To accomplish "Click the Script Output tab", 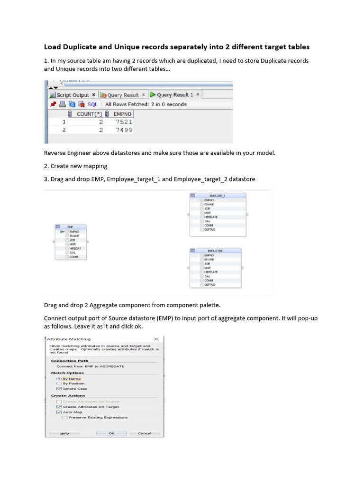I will pyautogui.click(x=73, y=95).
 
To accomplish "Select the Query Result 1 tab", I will pyautogui.click(x=174, y=95).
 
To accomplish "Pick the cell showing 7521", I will pyautogui.click(x=123, y=122).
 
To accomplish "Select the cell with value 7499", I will pyautogui.click(x=123, y=130).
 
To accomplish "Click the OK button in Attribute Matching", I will pyautogui.click(x=111, y=433).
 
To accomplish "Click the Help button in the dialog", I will pyautogui.click(x=64, y=433).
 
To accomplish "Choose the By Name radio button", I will pyautogui.click(x=59, y=379).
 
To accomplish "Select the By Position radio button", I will pyautogui.click(x=59, y=383).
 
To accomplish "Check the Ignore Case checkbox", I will pyautogui.click(x=59, y=389).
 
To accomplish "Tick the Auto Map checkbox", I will pyautogui.click(x=59, y=412).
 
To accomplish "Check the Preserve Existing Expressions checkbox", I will pyautogui.click(x=64, y=417).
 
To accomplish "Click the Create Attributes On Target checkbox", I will pyautogui.click(x=59, y=407).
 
